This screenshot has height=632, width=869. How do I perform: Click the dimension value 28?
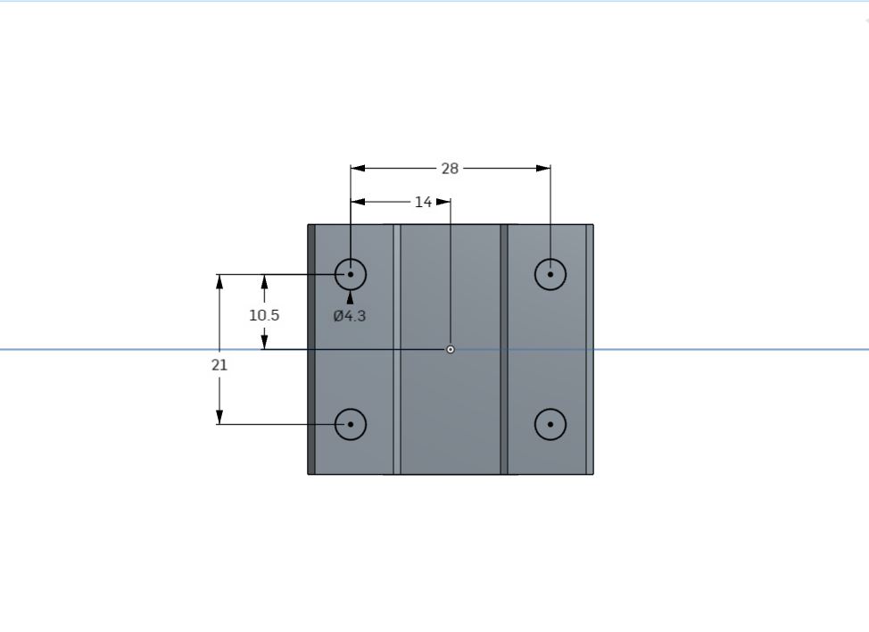pos(450,169)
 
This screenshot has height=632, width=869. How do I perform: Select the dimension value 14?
pos(424,202)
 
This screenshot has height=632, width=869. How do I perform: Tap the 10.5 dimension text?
pos(264,315)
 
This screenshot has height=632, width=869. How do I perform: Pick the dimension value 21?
pos(219,365)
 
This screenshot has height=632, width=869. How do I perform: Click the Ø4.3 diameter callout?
pos(350,316)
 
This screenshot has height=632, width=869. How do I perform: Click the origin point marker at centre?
pos(451,349)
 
